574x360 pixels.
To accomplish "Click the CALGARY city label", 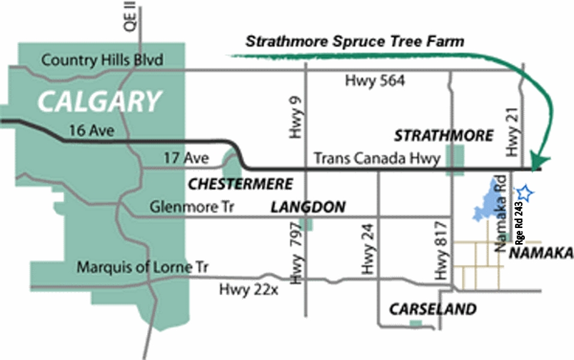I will (x=100, y=101).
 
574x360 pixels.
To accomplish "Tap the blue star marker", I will (x=525, y=193).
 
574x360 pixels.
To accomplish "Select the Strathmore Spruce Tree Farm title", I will (x=354, y=42).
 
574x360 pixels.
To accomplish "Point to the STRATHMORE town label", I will (x=444, y=136).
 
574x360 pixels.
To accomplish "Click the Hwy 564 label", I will (x=375, y=80).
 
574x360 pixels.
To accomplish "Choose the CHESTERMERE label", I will (x=241, y=184).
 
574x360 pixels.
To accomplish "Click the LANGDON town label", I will (x=308, y=208).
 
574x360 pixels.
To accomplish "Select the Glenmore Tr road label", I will (x=194, y=208).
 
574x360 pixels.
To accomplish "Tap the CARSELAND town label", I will (x=432, y=310).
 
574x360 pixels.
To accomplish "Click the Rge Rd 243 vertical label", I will (x=519, y=223).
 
